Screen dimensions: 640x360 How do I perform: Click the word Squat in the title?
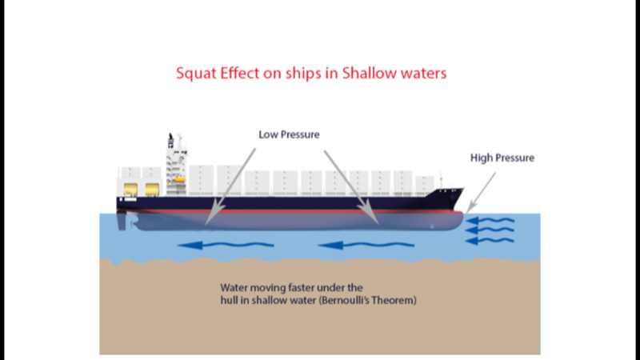tap(196, 74)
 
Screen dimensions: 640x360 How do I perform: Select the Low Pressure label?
tap(289, 134)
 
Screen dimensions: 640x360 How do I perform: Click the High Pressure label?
tap(502, 158)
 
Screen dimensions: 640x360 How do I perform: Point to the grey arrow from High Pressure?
tap(481, 192)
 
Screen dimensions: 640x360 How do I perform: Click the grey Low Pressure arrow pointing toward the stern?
tap(230, 186)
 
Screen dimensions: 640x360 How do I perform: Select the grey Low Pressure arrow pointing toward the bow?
tap(351, 187)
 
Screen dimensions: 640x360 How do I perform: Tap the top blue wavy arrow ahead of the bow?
tap(490, 221)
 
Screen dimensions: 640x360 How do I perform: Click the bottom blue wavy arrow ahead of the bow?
tap(490, 241)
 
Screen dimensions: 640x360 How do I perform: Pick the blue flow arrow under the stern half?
tap(226, 246)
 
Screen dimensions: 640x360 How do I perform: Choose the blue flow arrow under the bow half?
tap(366, 246)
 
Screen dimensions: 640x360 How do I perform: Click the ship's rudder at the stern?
tap(122, 221)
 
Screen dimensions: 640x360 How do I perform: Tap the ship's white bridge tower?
tap(176, 165)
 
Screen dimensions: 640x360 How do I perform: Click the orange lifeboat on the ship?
tap(179, 179)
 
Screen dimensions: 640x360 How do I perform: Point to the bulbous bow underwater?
tap(449, 222)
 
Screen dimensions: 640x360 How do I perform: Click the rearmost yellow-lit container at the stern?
tap(130, 190)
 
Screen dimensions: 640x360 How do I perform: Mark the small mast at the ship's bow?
tap(441, 180)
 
